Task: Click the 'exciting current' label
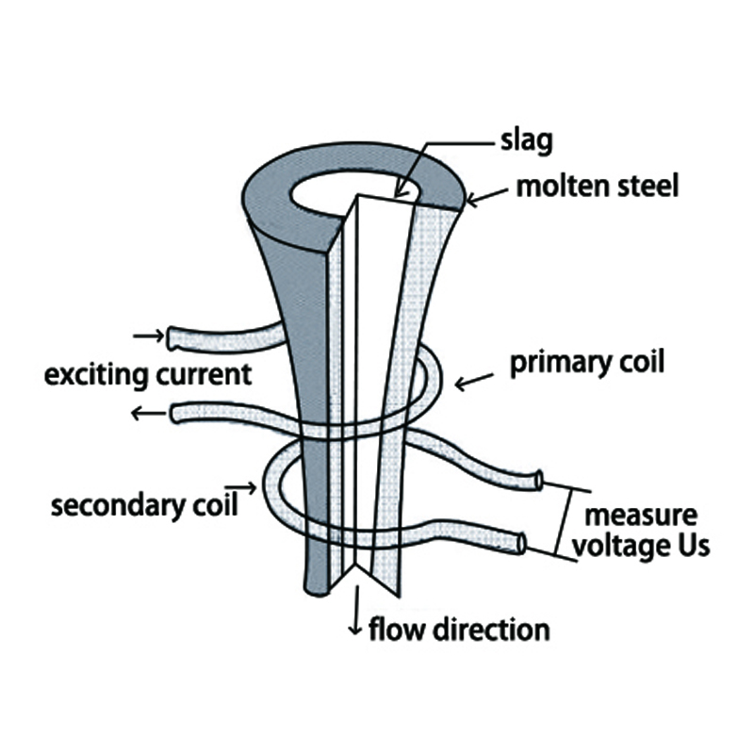tap(149, 374)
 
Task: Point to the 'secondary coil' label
tap(143, 505)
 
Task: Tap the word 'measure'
tap(642, 516)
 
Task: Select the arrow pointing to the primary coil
tap(473, 381)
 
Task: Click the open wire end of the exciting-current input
tap(174, 336)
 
